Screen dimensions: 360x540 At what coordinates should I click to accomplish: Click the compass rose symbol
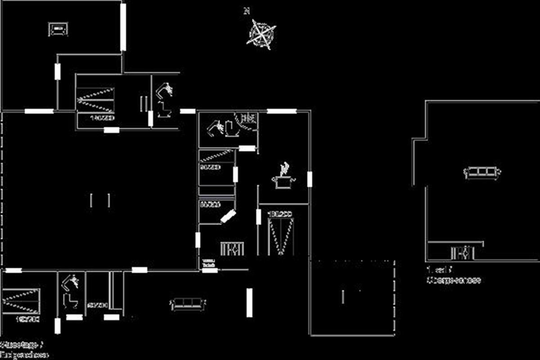261,33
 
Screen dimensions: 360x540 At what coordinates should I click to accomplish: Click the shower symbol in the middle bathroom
248,118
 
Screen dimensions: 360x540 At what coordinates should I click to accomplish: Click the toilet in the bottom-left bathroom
69,300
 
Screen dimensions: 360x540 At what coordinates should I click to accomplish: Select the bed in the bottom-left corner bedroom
21,300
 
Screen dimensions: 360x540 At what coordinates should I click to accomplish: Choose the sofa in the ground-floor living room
188,304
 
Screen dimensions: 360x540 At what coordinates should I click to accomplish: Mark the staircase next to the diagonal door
232,249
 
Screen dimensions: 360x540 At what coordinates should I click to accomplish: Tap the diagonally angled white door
228,217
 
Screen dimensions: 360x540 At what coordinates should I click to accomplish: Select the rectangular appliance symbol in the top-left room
58,29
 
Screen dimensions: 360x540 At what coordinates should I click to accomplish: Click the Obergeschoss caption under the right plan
454,280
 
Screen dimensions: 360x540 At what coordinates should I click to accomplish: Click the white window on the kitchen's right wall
310,179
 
